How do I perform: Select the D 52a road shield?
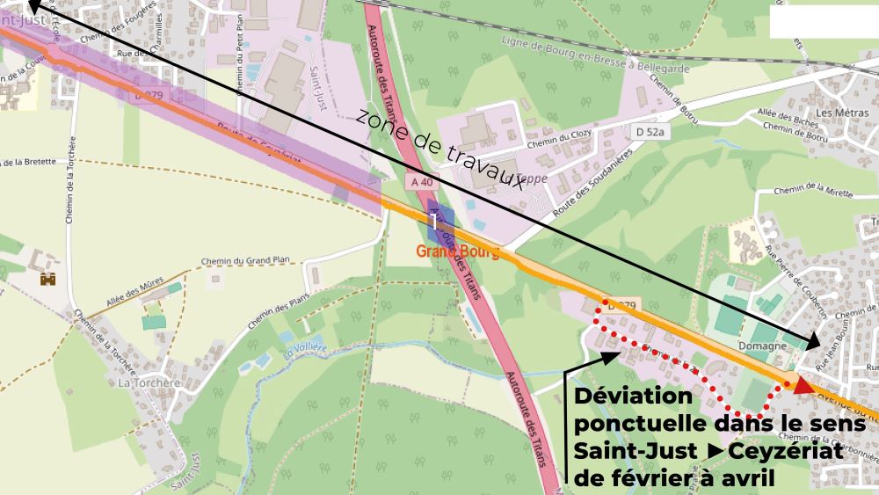(x=651, y=131)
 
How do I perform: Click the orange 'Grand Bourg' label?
(x=457, y=253)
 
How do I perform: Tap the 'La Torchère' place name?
(x=149, y=382)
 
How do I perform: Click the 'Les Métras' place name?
(x=837, y=113)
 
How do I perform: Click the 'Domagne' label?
(x=761, y=346)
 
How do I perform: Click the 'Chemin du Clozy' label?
(x=556, y=142)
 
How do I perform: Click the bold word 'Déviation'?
(x=633, y=397)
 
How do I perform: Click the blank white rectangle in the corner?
(x=824, y=21)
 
